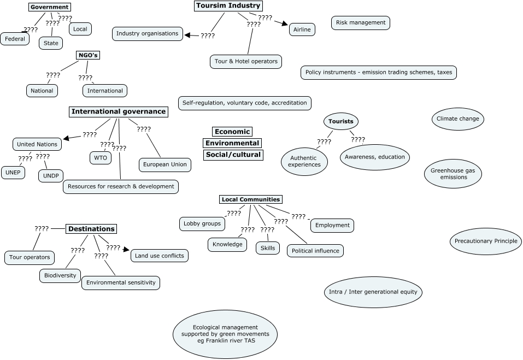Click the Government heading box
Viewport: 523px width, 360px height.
[50, 7]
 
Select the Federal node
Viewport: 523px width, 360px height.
[15, 39]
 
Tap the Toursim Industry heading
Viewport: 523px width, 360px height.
[228, 6]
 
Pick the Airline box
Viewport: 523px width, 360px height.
[302, 29]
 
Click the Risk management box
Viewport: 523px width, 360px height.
[361, 22]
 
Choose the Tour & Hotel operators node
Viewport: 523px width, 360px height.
[246, 61]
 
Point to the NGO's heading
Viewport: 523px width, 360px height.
[88, 55]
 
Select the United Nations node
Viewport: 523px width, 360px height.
[37, 144]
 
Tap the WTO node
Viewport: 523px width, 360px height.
[101, 158]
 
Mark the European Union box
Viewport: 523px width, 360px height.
[164, 164]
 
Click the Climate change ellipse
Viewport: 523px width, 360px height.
[457, 119]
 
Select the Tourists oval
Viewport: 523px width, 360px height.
[340, 121]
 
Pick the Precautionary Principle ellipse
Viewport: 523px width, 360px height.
[486, 241]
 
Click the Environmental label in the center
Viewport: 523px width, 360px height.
[232, 143]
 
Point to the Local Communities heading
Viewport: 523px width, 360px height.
[251, 199]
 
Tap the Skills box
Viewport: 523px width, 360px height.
[268, 248]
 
